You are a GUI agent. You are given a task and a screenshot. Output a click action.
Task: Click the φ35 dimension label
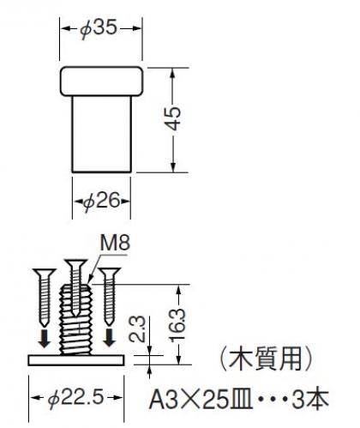click(99, 28)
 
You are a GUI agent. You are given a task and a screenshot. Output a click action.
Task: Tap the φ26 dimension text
click(101, 201)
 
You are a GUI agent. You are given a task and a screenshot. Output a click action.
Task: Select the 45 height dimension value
click(174, 118)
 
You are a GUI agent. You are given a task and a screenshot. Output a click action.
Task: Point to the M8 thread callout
click(115, 244)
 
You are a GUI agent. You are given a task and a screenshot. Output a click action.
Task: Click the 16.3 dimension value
click(178, 324)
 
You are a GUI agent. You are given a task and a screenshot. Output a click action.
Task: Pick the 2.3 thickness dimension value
click(138, 329)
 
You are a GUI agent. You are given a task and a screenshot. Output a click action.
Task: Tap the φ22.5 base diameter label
click(75, 398)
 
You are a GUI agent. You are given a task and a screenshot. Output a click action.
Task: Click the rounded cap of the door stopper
click(101, 81)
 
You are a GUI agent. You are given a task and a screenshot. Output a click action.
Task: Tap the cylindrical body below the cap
click(102, 135)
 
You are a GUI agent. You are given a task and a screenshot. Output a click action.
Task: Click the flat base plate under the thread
click(76, 360)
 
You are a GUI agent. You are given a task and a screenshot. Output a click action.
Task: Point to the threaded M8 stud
click(75, 320)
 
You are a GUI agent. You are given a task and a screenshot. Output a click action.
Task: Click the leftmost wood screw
click(45, 298)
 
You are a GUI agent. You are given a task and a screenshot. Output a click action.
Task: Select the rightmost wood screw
click(109, 297)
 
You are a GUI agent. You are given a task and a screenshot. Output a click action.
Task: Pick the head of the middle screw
click(75, 262)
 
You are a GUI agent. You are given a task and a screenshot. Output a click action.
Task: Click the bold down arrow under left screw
click(45, 339)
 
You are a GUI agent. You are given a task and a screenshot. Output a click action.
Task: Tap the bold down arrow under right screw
click(109, 338)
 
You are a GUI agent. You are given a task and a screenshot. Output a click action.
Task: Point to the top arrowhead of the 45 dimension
click(172, 74)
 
